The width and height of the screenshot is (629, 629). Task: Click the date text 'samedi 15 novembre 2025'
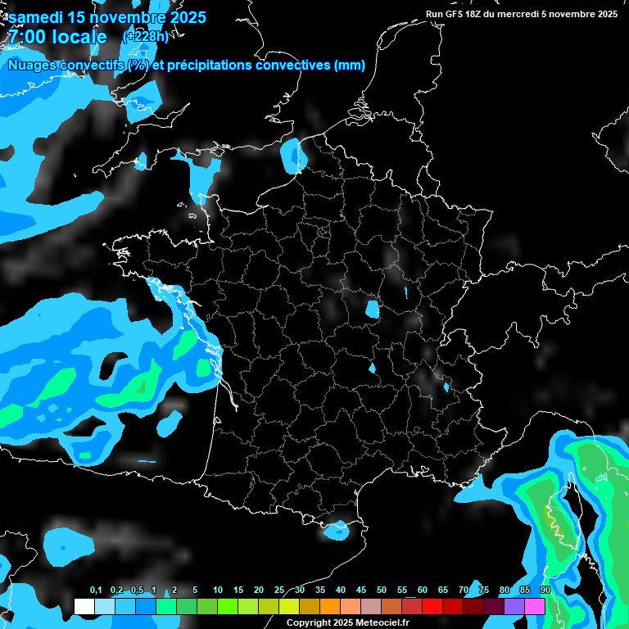[107, 17]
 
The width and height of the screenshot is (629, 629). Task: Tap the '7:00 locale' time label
[57, 37]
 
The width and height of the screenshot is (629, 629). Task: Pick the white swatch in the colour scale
[84, 607]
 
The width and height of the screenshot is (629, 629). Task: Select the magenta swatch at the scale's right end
[535, 607]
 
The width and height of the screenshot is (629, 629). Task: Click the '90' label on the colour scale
[545, 591]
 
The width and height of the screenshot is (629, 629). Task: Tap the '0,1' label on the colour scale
[96, 591]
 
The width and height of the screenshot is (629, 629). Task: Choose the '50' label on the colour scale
[382, 591]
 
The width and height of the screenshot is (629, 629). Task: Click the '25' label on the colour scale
[279, 591]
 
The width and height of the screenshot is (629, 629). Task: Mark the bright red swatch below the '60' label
[432, 607]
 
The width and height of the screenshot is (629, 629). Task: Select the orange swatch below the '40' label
[330, 607]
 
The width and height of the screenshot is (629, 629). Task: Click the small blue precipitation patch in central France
[372, 310]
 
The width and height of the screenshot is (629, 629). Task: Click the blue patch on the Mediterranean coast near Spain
[336, 530]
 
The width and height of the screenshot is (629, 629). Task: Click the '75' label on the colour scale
[484, 591]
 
